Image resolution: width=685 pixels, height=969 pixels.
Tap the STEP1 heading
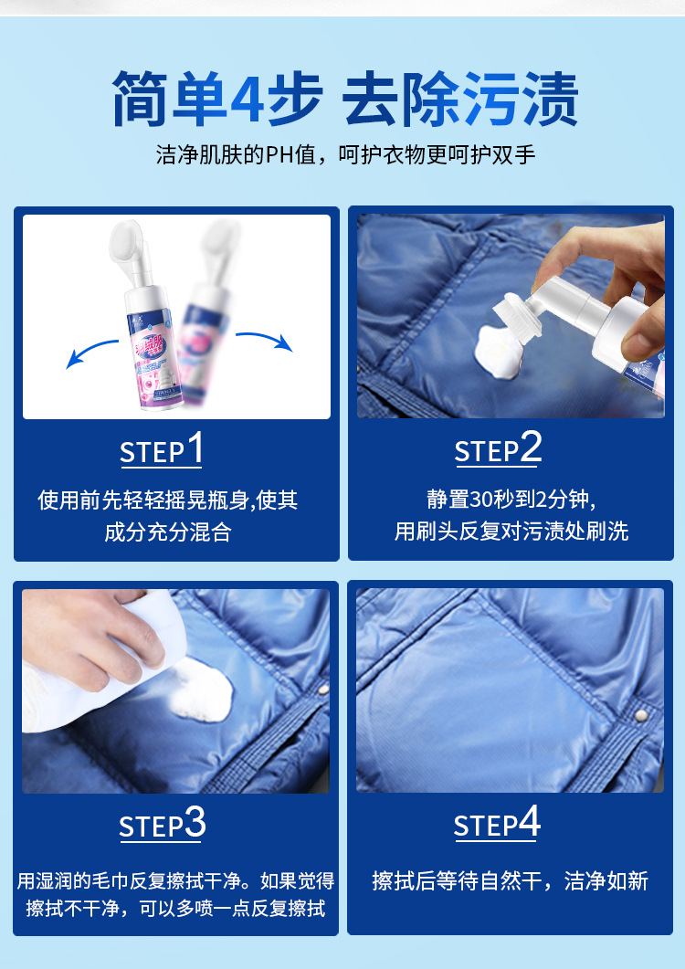click(162, 449)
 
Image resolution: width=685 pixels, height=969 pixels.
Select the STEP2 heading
click(498, 449)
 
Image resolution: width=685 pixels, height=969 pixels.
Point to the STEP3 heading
click(162, 825)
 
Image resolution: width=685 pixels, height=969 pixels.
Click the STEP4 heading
click(498, 825)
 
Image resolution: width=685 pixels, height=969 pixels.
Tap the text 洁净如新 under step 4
click(606, 880)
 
